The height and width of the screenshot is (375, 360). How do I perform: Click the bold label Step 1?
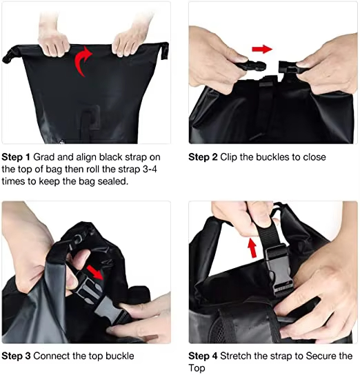(x=17, y=156)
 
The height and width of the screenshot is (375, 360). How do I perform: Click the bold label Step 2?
(x=204, y=156)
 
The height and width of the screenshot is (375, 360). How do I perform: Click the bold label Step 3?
(x=17, y=356)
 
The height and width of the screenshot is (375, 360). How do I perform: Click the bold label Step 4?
(x=204, y=356)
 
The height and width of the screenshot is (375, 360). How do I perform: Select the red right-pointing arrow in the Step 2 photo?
(x=261, y=49)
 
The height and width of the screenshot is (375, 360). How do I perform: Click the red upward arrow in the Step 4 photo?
(x=254, y=246)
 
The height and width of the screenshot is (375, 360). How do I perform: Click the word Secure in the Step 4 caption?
(x=321, y=356)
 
